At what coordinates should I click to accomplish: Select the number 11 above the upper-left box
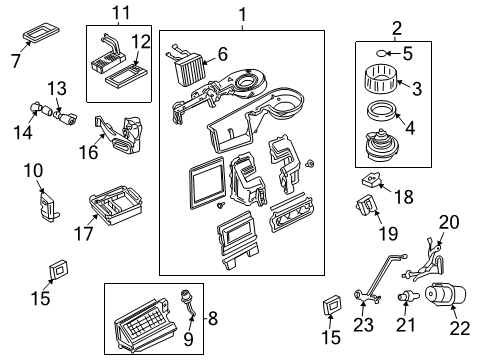point(121,12)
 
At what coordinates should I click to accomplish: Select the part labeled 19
point(369,209)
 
